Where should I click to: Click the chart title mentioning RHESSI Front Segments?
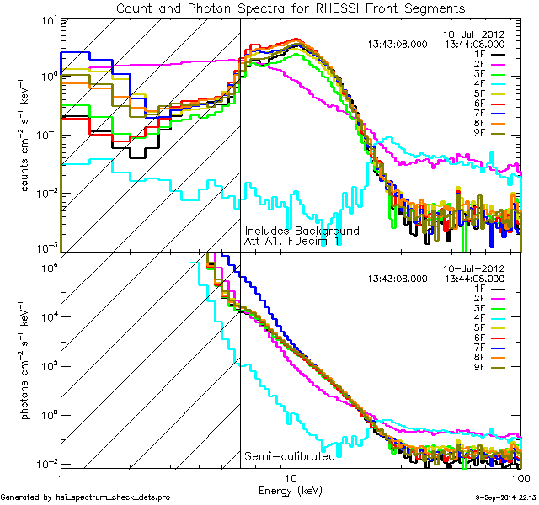click(291, 8)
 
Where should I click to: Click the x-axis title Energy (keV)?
click(291, 490)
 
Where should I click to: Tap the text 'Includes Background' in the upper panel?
click(302, 231)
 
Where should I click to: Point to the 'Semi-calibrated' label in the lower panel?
click(290, 456)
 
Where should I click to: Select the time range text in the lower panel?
click(436, 277)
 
